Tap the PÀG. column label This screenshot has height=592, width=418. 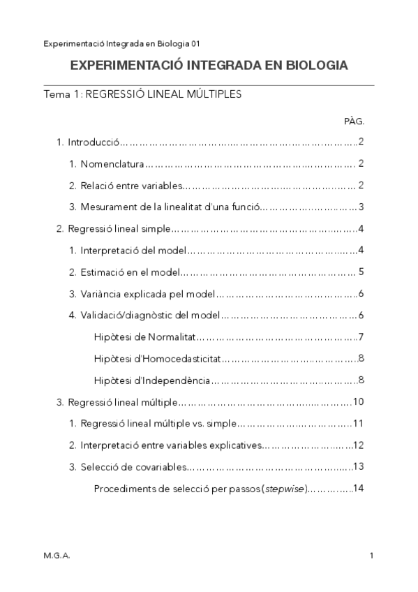pyautogui.click(x=354, y=121)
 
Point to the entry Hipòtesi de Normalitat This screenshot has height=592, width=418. pyautogui.click(x=145, y=337)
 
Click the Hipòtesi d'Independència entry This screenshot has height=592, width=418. pyautogui.click(x=151, y=380)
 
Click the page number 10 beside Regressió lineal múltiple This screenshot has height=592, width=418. pyautogui.click(x=359, y=401)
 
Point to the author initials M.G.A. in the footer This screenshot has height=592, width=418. pyautogui.click(x=57, y=556)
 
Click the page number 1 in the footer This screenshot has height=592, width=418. pyautogui.click(x=373, y=556)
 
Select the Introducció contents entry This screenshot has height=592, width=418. pyautogui.click(x=94, y=142)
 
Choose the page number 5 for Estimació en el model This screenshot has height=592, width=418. pyautogui.click(x=361, y=272)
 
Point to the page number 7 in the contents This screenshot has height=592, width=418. pyautogui.click(x=361, y=337)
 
